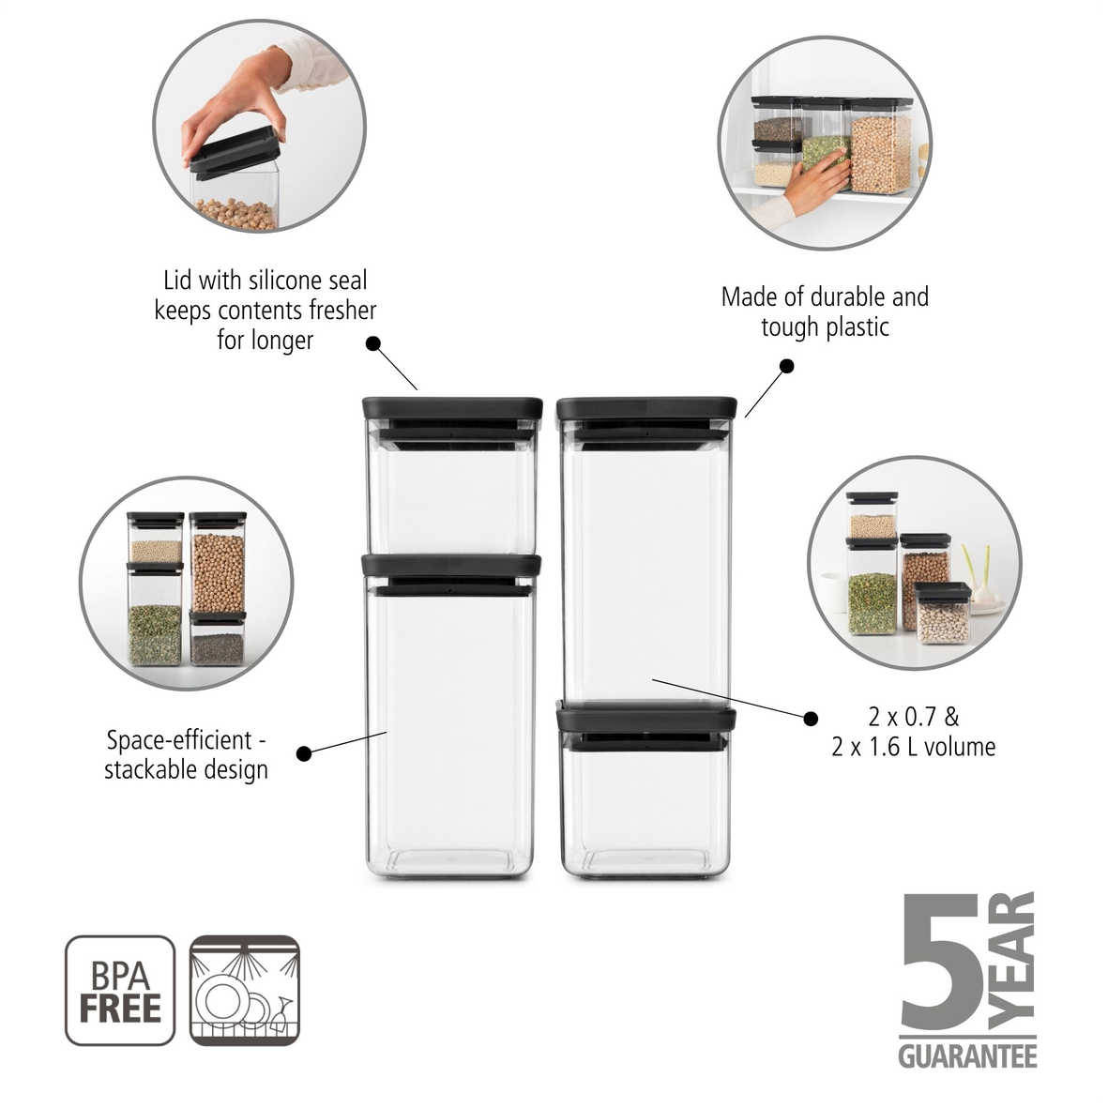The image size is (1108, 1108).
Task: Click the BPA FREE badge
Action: (x=120, y=990)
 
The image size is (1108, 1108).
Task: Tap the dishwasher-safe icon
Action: (x=245, y=990)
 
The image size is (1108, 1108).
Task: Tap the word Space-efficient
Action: (x=179, y=740)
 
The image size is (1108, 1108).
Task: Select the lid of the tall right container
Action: (x=645, y=409)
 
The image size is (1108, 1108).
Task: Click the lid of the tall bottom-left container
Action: (x=451, y=565)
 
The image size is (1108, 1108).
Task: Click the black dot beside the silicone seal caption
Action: (x=372, y=343)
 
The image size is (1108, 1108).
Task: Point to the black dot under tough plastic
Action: (x=787, y=366)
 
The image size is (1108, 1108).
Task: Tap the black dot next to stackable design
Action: (x=303, y=753)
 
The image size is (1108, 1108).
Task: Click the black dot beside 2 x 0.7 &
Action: (x=811, y=719)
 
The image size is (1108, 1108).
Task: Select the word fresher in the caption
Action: (x=334, y=310)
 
